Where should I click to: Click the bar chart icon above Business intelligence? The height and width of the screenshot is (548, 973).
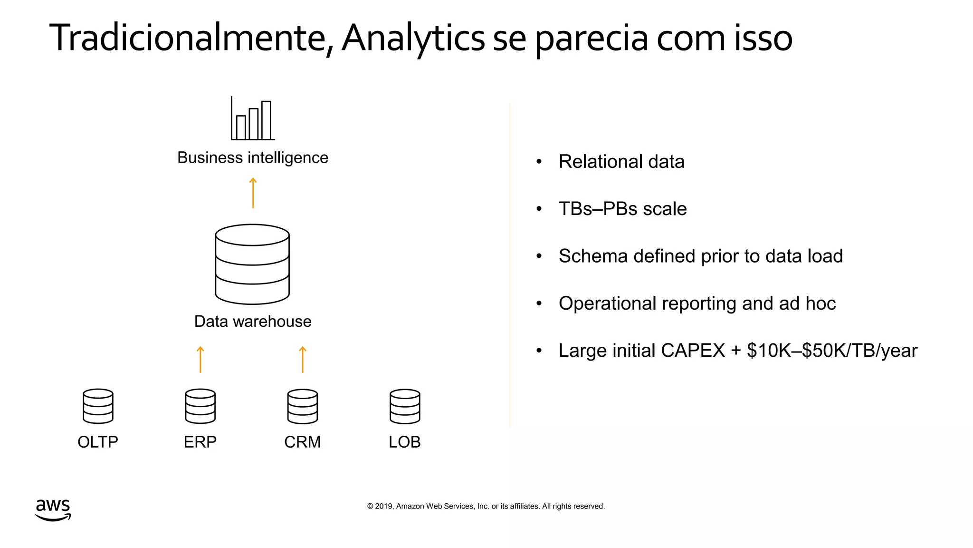(x=253, y=119)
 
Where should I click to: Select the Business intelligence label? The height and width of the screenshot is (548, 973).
(x=253, y=157)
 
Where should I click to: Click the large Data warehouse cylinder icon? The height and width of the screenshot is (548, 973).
(x=252, y=264)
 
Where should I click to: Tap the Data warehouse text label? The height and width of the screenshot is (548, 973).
(x=253, y=322)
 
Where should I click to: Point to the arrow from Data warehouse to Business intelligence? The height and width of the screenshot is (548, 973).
(x=253, y=193)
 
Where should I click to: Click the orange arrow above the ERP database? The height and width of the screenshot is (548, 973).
(x=200, y=360)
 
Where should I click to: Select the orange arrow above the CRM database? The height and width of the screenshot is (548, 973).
(x=303, y=360)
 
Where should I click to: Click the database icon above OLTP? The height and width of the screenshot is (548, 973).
(x=98, y=406)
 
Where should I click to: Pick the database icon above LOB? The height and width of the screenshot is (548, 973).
(x=405, y=406)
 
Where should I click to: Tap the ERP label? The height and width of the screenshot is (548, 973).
(x=200, y=442)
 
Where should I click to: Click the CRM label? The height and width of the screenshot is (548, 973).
(x=303, y=442)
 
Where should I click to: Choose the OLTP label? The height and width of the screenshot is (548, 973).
(x=98, y=442)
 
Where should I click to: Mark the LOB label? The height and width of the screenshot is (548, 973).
(x=405, y=442)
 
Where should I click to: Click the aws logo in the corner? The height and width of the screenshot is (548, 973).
(x=53, y=509)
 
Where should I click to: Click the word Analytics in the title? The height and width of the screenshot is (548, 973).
(x=413, y=38)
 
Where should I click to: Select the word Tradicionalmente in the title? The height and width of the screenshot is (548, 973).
(x=188, y=38)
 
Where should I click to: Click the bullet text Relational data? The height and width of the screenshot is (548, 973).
(x=621, y=162)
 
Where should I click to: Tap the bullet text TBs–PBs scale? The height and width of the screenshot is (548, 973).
(x=622, y=209)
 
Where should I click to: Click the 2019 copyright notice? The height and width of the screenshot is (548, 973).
(x=486, y=506)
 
